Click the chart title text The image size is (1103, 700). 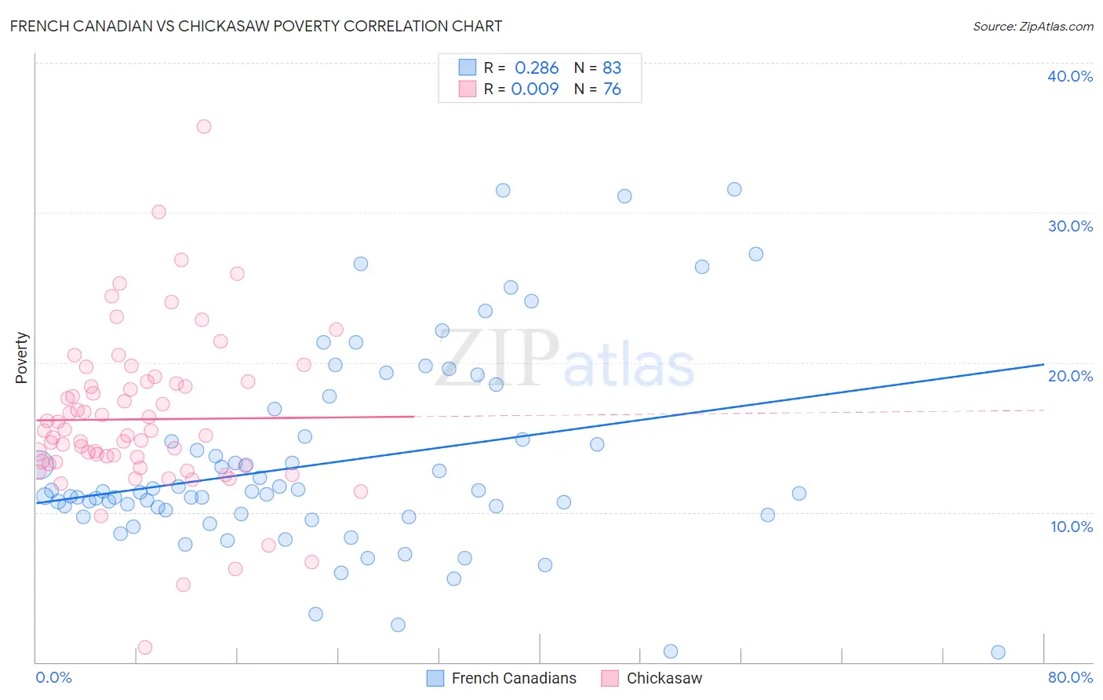click(x=256, y=26)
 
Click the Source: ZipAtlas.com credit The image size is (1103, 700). click(x=1032, y=26)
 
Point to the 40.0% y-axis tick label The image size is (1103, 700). click(x=1069, y=76)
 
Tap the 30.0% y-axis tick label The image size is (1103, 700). click(x=1069, y=226)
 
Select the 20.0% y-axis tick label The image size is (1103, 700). click(x=1069, y=376)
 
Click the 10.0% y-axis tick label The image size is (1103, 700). click(x=1071, y=527)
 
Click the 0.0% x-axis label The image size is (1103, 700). click(x=53, y=677)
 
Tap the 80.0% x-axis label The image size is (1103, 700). click(x=1070, y=677)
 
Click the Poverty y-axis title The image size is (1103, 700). click(x=21, y=358)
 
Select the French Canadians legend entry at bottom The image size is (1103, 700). click(x=502, y=678)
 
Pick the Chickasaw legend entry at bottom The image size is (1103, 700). click(x=652, y=678)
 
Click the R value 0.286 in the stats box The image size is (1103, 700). click(x=537, y=68)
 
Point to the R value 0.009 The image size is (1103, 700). click(x=535, y=89)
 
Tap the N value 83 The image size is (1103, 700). click(x=612, y=68)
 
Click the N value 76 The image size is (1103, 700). click(x=612, y=89)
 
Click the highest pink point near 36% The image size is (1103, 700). click(x=204, y=126)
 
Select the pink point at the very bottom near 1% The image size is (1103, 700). click(x=145, y=647)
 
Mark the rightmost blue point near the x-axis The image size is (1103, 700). click(x=998, y=652)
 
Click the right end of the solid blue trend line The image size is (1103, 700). click(x=1043, y=364)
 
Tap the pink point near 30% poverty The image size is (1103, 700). click(x=158, y=212)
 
